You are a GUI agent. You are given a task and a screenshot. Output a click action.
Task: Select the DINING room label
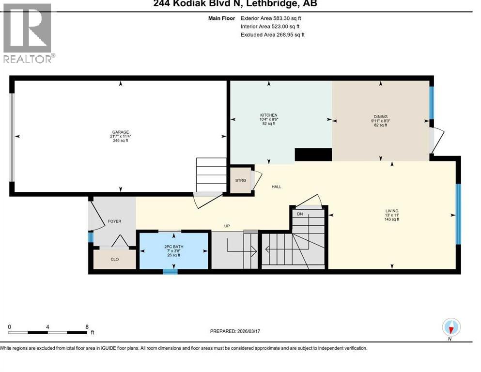(x=380, y=117)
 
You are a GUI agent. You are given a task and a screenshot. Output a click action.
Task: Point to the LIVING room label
(x=391, y=211)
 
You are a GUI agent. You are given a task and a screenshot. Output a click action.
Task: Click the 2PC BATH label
(x=173, y=247)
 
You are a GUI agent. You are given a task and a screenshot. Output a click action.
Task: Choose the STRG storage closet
(x=241, y=180)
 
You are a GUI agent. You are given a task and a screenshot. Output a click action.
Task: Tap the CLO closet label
(x=115, y=259)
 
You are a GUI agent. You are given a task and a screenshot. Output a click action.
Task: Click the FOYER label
(x=114, y=221)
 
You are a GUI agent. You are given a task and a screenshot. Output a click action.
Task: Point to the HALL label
(x=276, y=186)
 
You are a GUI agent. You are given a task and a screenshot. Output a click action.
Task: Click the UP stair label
(x=226, y=226)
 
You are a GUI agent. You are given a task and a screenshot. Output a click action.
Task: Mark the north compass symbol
(x=451, y=328)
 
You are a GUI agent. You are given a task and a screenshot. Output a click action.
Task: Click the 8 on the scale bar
(x=87, y=326)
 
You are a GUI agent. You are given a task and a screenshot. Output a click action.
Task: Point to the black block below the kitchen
(x=313, y=155)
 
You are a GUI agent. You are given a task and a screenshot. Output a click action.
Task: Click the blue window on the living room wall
(x=458, y=214)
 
